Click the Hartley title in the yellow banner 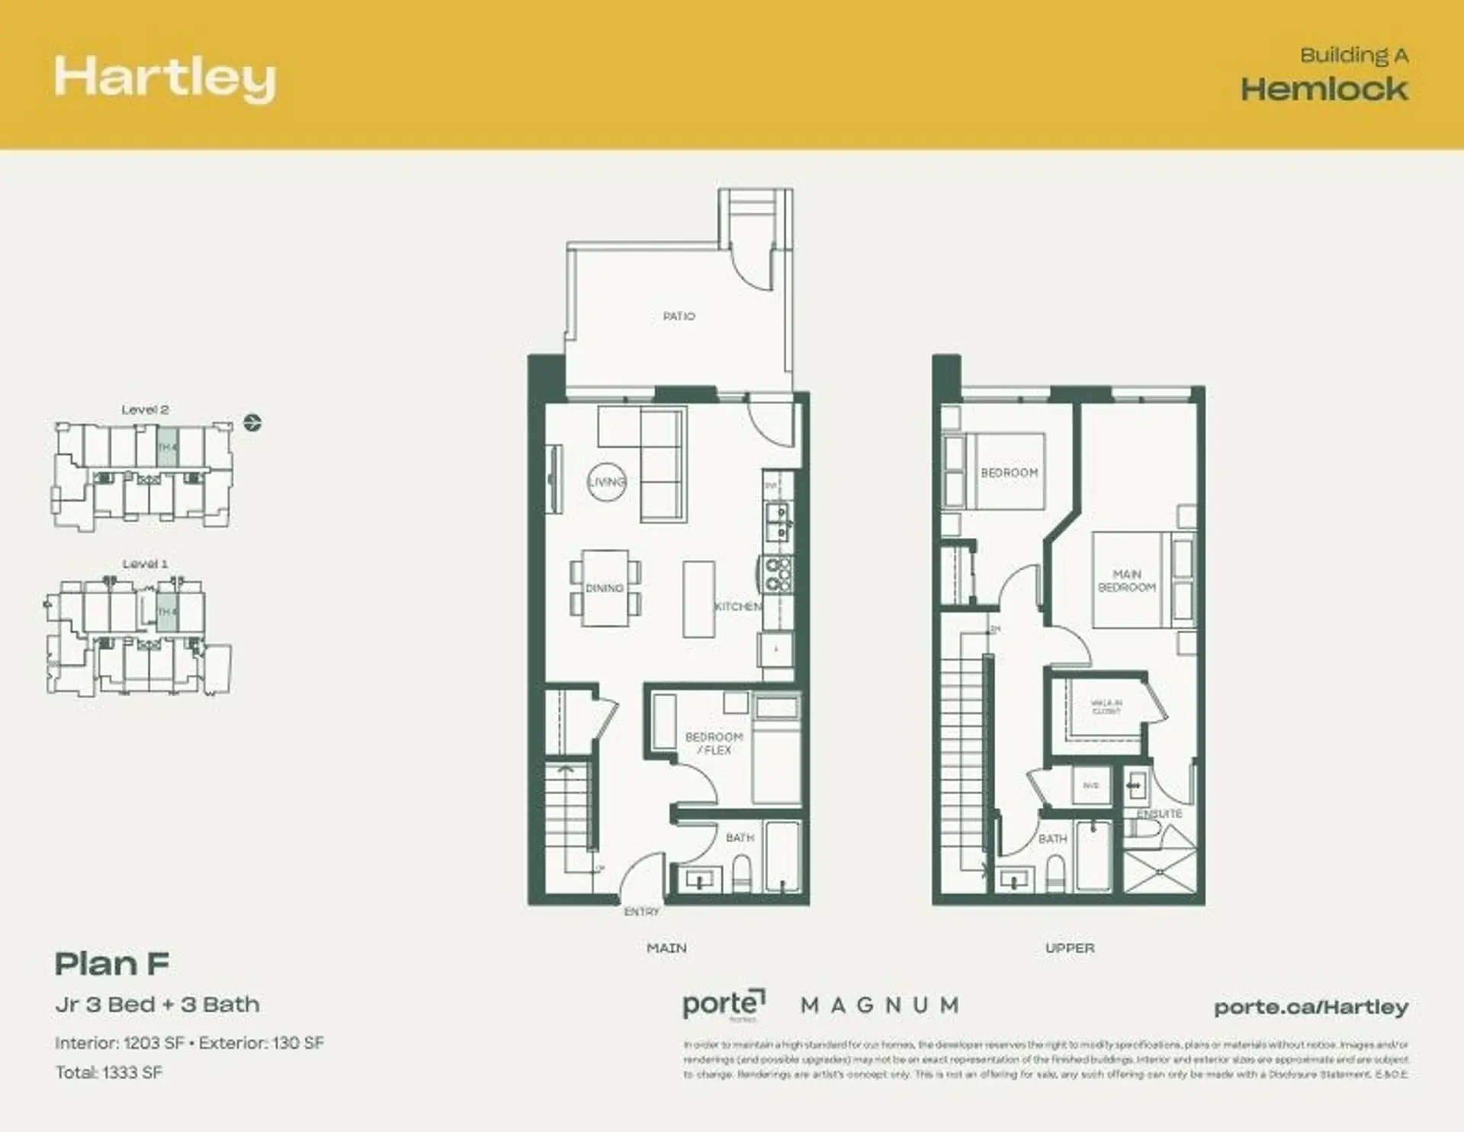165,79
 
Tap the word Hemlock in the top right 1324,89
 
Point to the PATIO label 679,316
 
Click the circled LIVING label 607,482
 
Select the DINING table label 605,588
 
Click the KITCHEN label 737,606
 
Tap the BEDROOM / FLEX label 714,743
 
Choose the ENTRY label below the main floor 641,912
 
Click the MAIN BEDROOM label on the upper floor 1126,580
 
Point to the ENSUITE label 1159,814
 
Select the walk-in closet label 1106,706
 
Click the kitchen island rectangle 698,599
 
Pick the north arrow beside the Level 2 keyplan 252,422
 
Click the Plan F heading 112,964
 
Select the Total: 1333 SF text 109,1073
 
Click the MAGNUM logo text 879,1005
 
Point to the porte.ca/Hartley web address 1311,1007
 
